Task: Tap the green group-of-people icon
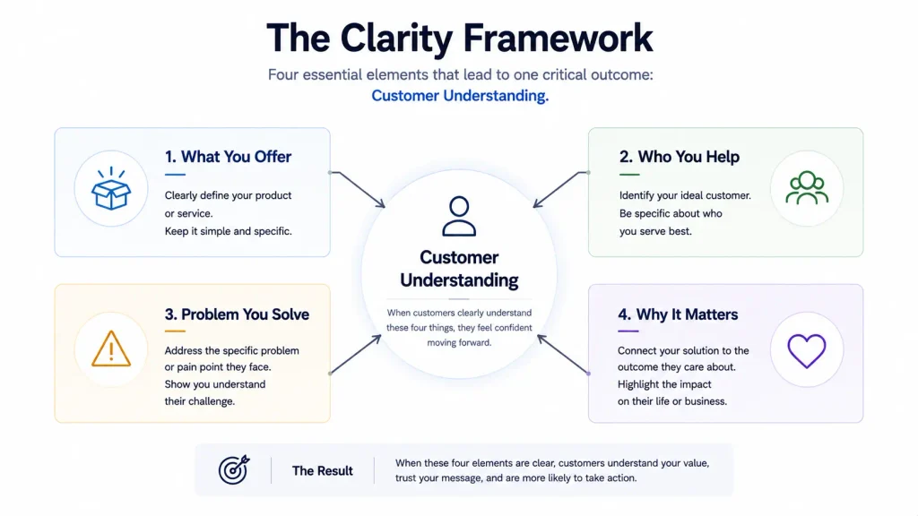[807, 188]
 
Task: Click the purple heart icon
[807, 351]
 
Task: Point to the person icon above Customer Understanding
[459, 216]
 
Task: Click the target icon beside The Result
[234, 469]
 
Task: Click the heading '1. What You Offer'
[228, 157]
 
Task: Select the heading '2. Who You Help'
[680, 157]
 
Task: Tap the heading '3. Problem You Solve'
[237, 314]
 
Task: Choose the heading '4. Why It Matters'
[678, 314]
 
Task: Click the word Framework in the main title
[558, 38]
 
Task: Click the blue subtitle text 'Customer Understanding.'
[460, 95]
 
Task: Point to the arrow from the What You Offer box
[358, 189]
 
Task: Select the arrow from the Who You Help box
[561, 189]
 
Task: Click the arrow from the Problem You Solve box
[355, 355]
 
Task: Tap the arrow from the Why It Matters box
[563, 355]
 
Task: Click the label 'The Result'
[322, 471]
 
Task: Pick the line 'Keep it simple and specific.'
[229, 231]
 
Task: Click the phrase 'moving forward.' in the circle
[459, 343]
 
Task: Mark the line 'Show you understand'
[215, 384]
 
